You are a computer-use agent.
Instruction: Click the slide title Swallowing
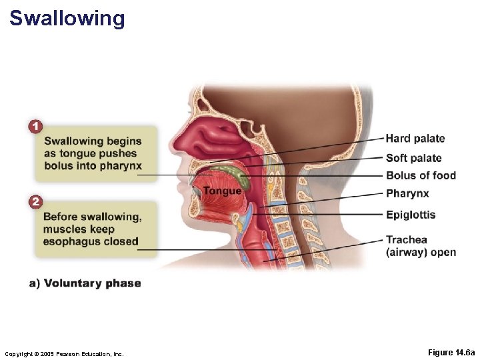(x=67, y=18)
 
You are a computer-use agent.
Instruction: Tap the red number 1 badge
(x=35, y=125)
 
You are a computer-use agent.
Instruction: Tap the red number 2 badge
(x=35, y=201)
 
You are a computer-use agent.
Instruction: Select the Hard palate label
(x=415, y=139)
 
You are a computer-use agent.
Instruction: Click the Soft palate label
(x=413, y=158)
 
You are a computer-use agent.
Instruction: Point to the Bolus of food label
(x=421, y=176)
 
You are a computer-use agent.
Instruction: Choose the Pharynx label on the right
(x=407, y=194)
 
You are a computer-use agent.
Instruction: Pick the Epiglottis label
(x=411, y=215)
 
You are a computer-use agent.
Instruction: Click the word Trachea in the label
(x=407, y=240)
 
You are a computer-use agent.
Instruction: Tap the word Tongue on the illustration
(x=222, y=191)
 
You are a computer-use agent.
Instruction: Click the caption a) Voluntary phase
(x=85, y=283)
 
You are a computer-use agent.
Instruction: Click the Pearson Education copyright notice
(x=64, y=353)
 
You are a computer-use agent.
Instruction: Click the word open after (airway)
(x=443, y=252)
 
